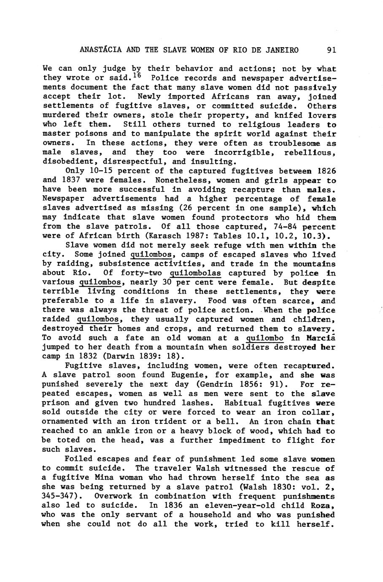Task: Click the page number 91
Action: point(331,50)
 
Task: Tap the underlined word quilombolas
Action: point(195,273)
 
